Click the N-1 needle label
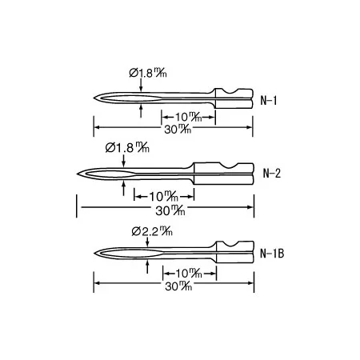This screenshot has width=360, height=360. [269, 101]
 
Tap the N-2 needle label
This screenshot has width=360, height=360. [272, 174]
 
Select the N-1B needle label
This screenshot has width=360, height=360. [272, 254]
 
